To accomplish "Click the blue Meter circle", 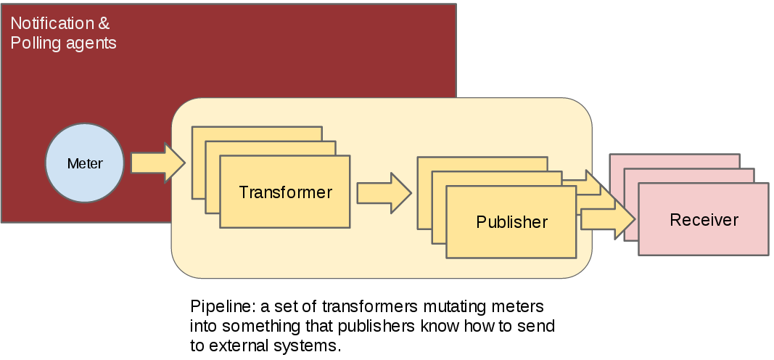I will pyautogui.click(x=85, y=163).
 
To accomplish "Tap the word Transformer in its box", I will pyautogui.click(x=285, y=192).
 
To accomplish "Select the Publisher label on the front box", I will pyautogui.click(x=511, y=221).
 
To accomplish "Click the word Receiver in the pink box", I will pyautogui.click(x=704, y=220).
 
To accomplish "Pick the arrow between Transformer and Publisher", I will pyautogui.click(x=384, y=193).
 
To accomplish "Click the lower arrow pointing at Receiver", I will pyautogui.click(x=608, y=218).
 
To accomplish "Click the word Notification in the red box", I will pyautogui.click(x=52, y=24).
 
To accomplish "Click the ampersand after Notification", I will pyautogui.click(x=104, y=24).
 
